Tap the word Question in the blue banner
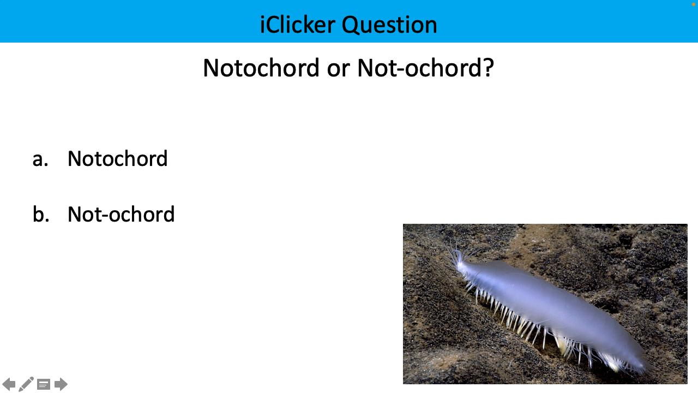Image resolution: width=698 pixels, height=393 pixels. (389, 25)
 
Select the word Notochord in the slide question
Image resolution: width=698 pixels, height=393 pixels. (261, 68)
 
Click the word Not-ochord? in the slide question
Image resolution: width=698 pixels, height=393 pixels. (425, 68)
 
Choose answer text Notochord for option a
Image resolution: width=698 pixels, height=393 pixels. (117, 159)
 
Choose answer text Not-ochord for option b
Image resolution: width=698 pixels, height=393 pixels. (121, 215)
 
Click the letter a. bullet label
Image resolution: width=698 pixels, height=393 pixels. (40, 159)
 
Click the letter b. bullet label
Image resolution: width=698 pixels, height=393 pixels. (41, 215)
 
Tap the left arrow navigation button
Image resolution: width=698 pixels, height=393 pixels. (9, 384)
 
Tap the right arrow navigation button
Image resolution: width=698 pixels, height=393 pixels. (61, 384)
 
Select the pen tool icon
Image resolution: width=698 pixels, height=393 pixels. (26, 384)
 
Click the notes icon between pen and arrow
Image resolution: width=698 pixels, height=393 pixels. (44, 384)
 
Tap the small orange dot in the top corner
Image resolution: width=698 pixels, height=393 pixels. (693, 4)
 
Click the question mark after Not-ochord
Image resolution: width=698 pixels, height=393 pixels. (488, 68)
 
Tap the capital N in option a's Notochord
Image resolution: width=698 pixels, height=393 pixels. (74, 159)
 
